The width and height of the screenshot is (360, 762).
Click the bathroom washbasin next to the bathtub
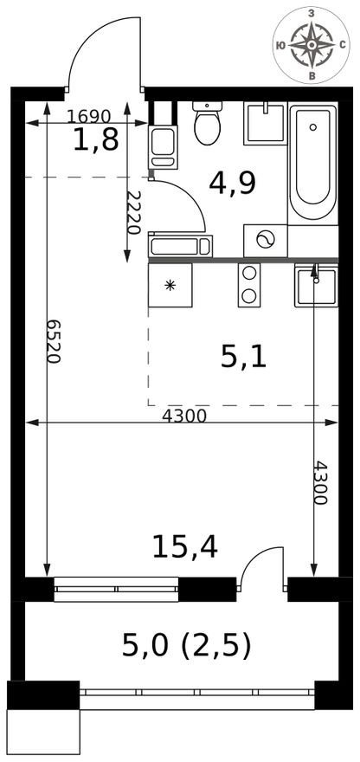(264, 123)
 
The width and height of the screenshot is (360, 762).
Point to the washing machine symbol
(265, 241)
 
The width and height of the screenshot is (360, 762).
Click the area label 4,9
(233, 183)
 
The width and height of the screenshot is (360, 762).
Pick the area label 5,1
(243, 355)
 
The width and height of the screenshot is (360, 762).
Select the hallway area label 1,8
(95, 141)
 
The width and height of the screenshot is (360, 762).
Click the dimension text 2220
(133, 212)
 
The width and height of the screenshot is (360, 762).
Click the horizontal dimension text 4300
(184, 416)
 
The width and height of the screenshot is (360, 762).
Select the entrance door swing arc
(95, 48)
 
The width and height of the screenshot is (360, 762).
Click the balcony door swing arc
(260, 560)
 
